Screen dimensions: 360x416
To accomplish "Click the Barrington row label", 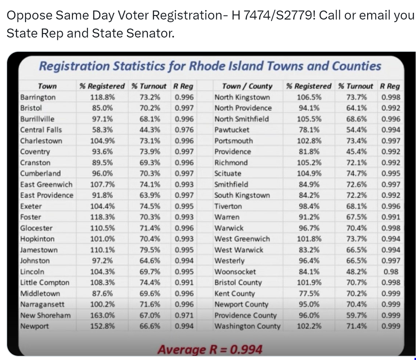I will coord(38,97).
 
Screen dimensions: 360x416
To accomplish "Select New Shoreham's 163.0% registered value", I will coord(102,315).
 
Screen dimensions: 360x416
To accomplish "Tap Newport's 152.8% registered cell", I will coord(102,326).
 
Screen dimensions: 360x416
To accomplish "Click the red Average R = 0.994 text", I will coord(210,349).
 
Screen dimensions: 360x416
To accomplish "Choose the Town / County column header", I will coord(247,86).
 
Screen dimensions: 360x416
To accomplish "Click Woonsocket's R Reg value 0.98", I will coord(391,271).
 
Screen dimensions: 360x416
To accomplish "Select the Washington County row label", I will coord(247,326).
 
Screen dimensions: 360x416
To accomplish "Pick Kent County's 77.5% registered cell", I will coord(309,294).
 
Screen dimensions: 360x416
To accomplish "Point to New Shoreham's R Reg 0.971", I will coord(184,315).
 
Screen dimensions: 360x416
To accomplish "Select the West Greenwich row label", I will coord(242,239).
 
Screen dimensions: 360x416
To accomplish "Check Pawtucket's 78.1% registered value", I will coord(309,130).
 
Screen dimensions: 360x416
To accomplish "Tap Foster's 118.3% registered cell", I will coord(102,217).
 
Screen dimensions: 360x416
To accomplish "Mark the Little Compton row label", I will coord(45,282).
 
